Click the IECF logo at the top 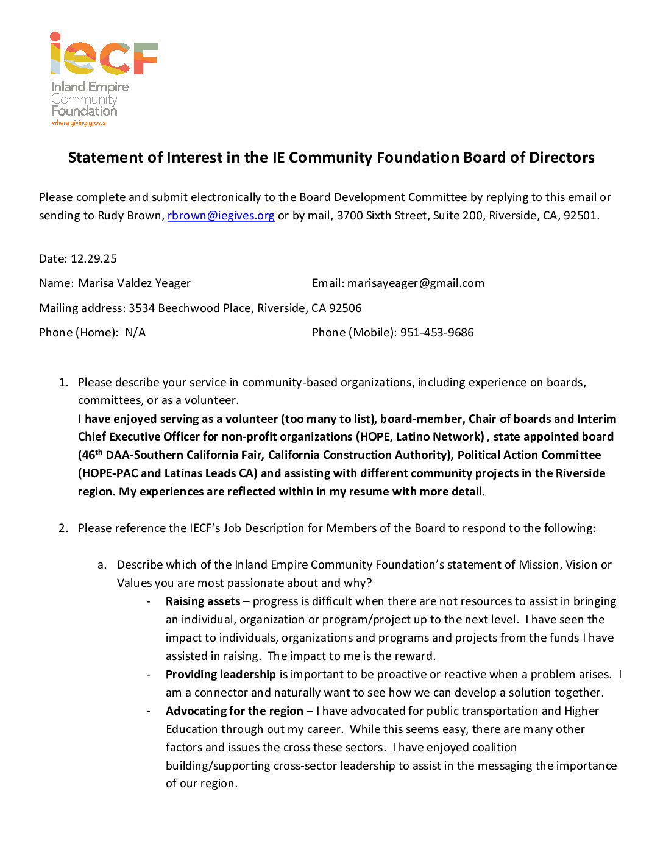104,55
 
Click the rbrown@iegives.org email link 221,216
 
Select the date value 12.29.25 94,259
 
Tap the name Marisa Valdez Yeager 134,283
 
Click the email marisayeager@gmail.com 416,283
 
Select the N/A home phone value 135,333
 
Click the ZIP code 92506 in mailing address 345,308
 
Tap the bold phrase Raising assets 203,601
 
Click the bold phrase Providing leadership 221,675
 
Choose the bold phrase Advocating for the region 234,711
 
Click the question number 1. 63,383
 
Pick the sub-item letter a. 102,565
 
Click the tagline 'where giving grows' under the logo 79,123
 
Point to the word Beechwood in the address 189,308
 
